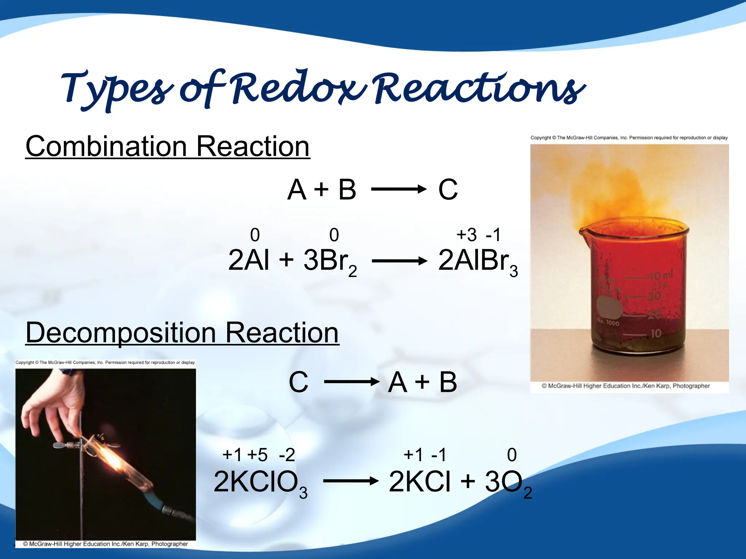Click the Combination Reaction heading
coord(168,146)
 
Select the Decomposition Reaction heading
coord(182,333)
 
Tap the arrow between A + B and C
coord(398,189)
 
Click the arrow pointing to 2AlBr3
coord(399,261)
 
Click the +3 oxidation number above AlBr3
coord(466,235)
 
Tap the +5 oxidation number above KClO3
coord(257,455)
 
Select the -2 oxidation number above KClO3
coord(287,455)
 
